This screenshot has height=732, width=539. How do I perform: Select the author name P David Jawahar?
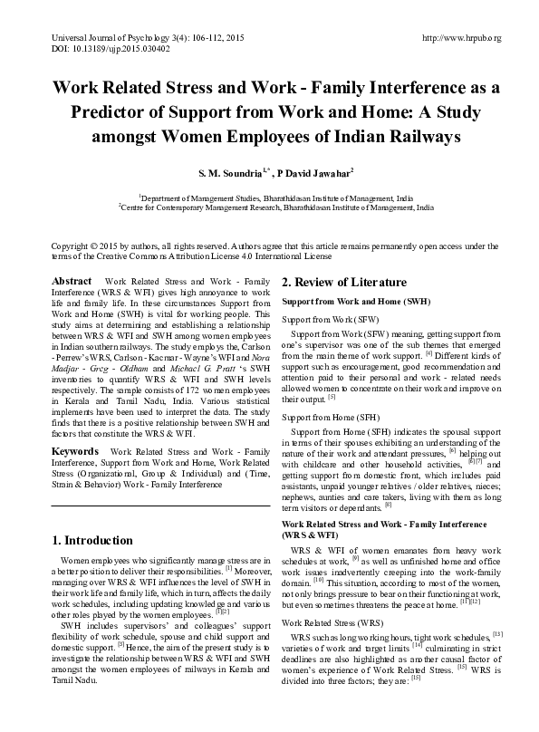(x=310, y=171)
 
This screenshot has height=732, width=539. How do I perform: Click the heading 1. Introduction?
(x=92, y=541)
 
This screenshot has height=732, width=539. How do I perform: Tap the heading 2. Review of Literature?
(x=343, y=282)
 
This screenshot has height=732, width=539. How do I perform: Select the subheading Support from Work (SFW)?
(x=330, y=321)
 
